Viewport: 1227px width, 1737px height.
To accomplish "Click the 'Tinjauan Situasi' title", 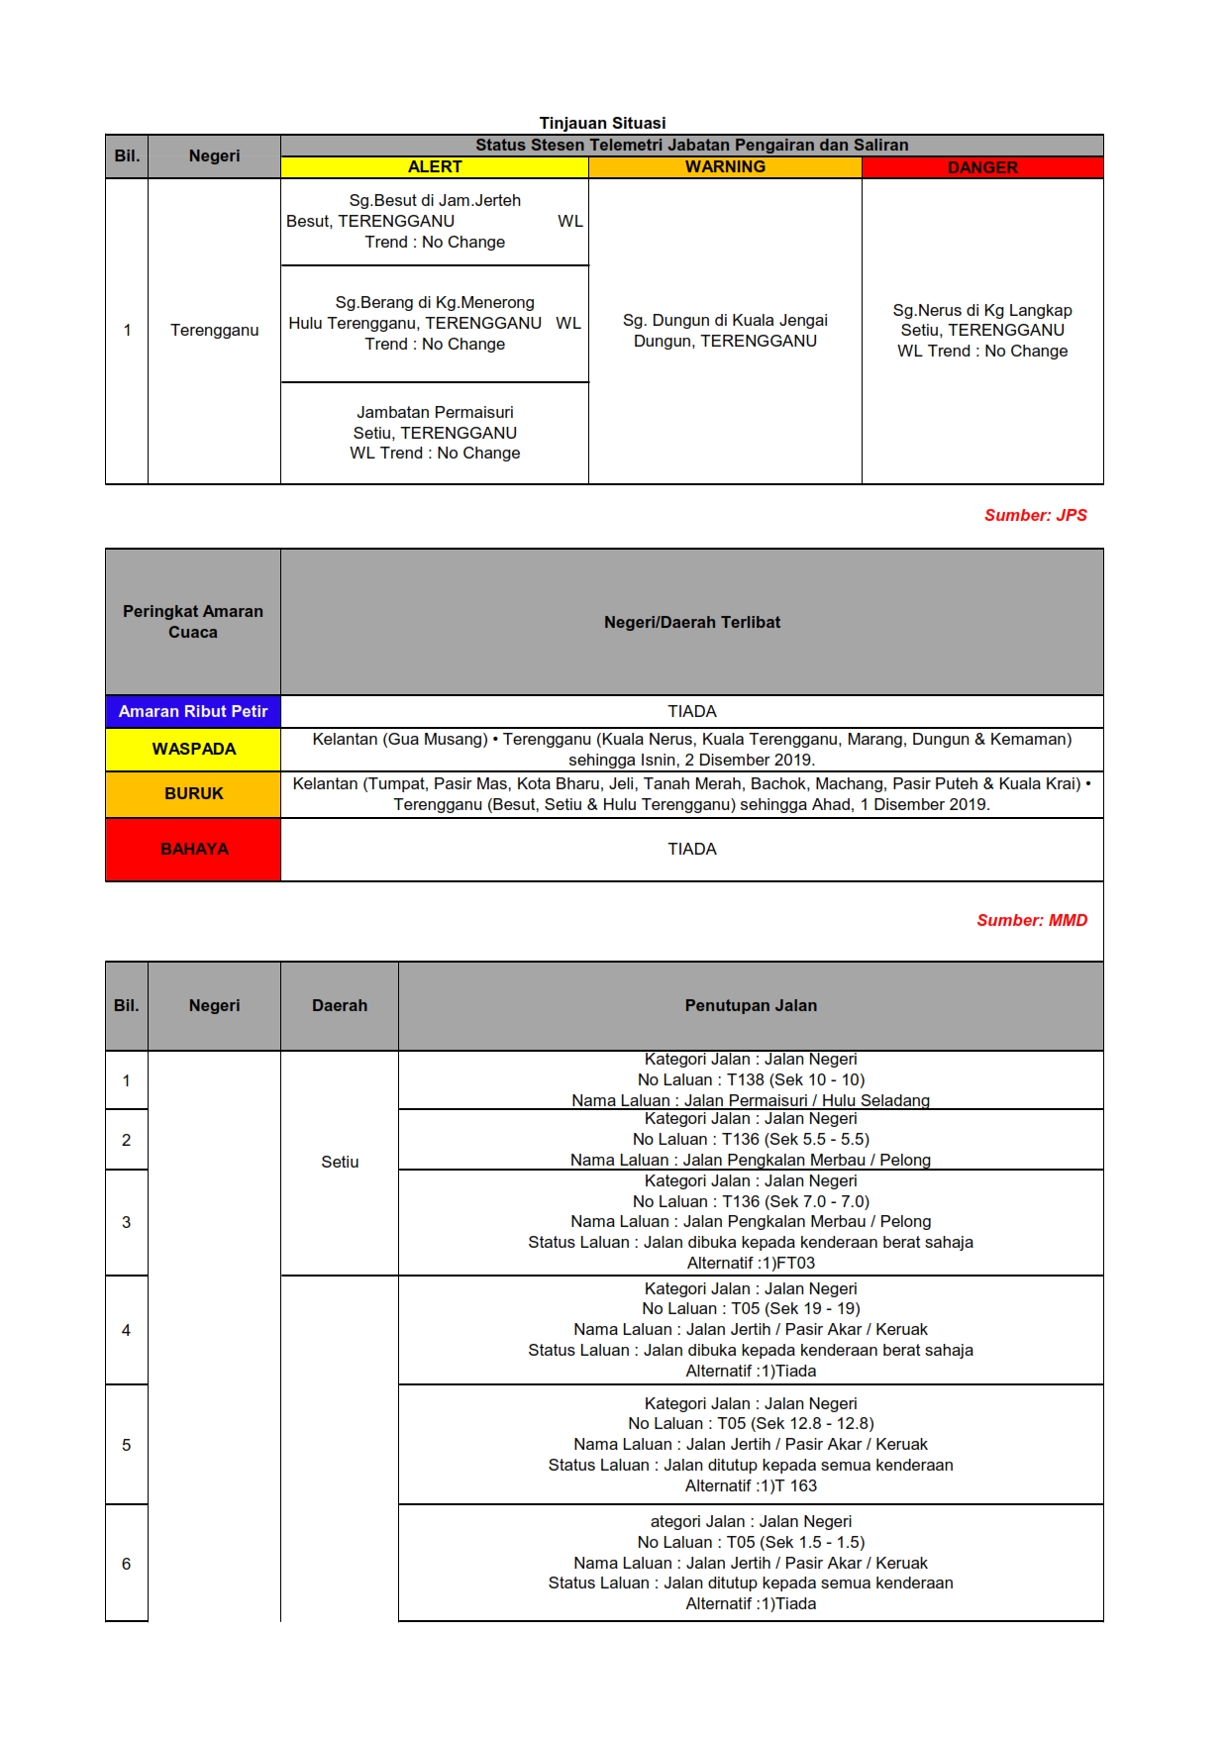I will [x=602, y=123].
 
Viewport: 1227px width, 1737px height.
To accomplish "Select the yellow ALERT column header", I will [x=435, y=167].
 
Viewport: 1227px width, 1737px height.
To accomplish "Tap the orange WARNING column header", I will [x=725, y=167].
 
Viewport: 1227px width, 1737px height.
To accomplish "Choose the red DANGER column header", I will [x=982, y=167].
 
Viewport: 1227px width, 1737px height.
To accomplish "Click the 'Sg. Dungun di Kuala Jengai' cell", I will [x=725, y=331].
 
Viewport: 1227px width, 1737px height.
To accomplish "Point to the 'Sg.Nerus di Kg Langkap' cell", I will [x=982, y=331].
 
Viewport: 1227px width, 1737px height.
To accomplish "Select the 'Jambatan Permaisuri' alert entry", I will [x=435, y=433].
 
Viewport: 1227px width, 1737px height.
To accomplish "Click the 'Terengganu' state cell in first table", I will [x=214, y=331].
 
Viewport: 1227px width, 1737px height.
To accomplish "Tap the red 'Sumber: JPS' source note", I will [x=1035, y=515].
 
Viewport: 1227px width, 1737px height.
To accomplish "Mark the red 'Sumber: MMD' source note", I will [x=1032, y=920].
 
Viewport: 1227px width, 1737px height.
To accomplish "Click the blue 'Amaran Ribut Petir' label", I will [x=193, y=711].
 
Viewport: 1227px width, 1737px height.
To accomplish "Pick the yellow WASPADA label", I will [x=193, y=750].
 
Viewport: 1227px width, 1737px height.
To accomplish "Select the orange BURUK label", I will [x=193, y=794].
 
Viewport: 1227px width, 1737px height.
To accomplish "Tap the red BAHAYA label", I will [x=193, y=849].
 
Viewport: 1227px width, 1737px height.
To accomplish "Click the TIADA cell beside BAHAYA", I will [x=691, y=849].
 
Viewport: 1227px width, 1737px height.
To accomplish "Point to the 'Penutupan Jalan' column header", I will [x=751, y=1005].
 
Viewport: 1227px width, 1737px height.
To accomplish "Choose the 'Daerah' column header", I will [x=340, y=1005].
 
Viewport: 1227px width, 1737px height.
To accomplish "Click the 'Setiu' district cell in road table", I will [x=340, y=1162].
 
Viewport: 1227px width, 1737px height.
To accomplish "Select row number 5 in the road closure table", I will [x=126, y=1445].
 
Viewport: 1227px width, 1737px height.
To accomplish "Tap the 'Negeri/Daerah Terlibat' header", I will [x=691, y=622].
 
